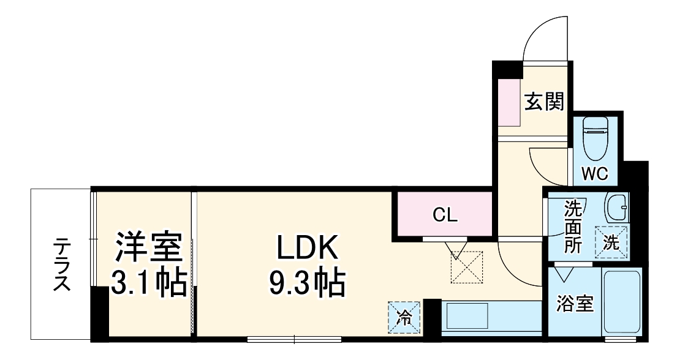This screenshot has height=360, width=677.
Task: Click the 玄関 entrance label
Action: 543,101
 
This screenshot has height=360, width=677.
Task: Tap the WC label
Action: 594,174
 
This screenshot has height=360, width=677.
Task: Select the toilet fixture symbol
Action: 594,138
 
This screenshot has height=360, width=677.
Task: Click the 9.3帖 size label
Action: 307,282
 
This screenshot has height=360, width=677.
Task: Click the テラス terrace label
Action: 61,264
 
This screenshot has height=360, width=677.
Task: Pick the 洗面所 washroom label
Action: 572,227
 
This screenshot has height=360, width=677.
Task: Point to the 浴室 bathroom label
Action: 575,304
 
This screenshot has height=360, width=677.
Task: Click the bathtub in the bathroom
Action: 622,304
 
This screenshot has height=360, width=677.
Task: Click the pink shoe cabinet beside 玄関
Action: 509,102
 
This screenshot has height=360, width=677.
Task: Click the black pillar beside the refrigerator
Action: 432,317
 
